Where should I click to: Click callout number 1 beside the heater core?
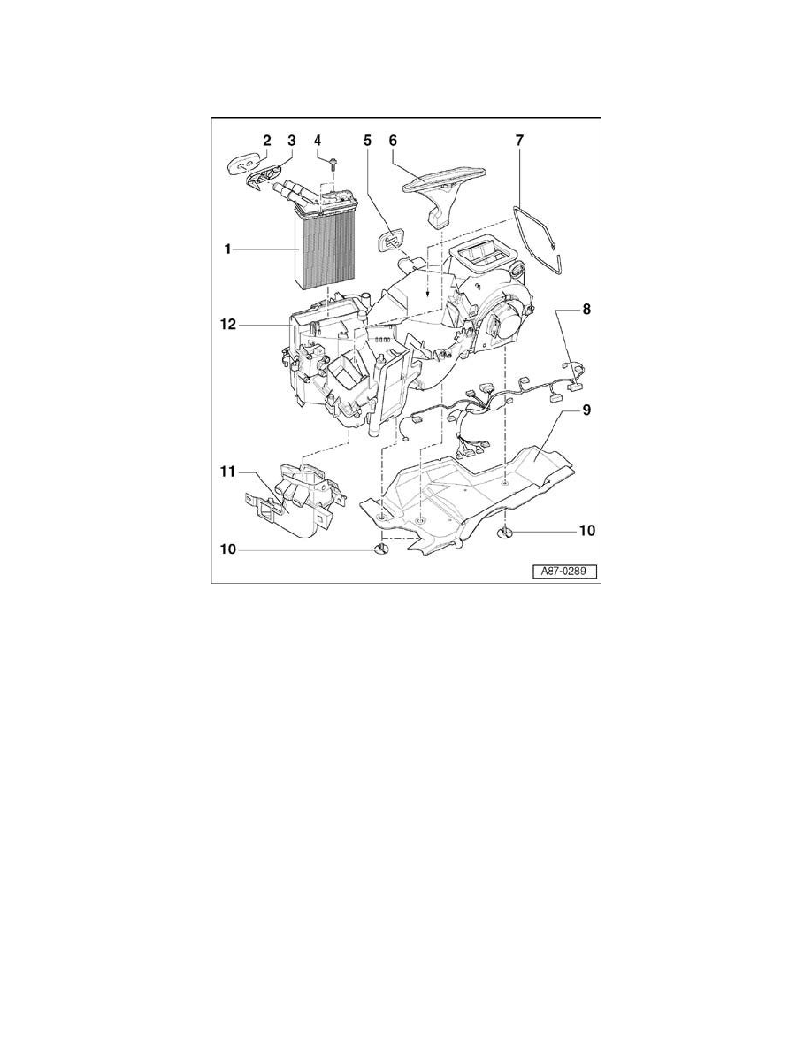[x=227, y=249]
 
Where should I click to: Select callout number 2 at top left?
[x=265, y=140]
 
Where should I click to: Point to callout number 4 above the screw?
[x=318, y=140]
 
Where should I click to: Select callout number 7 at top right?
[x=519, y=140]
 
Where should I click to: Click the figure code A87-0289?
[x=564, y=572]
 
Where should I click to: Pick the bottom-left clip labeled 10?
[x=381, y=550]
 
